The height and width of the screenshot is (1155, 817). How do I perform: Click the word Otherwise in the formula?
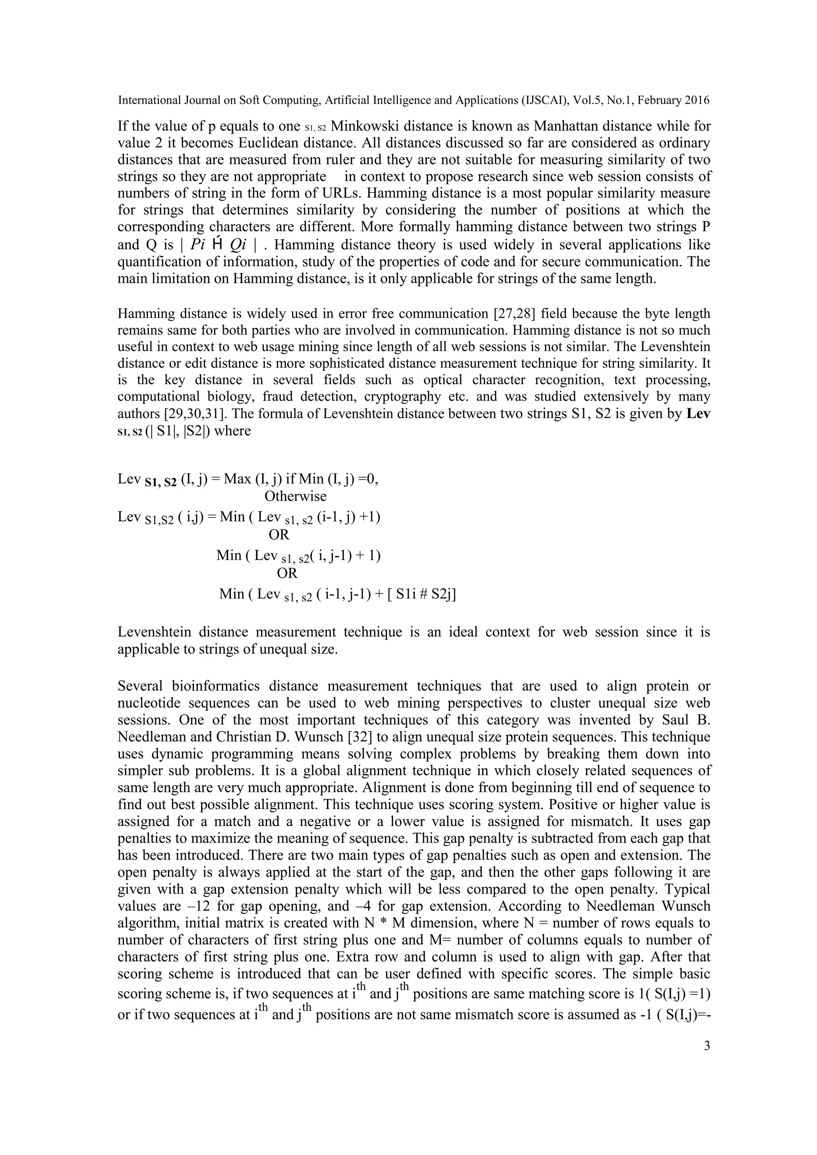(x=296, y=496)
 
